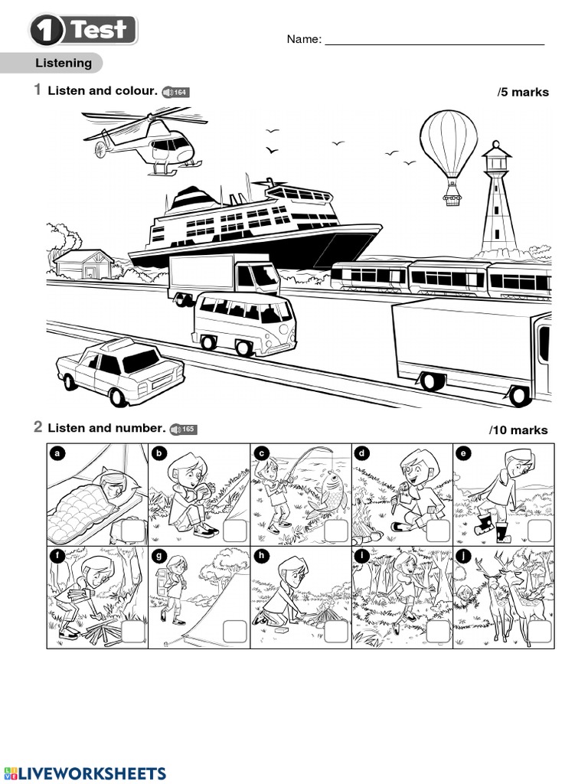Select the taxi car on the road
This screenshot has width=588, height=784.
tap(120, 371)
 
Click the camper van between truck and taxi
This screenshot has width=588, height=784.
tap(243, 322)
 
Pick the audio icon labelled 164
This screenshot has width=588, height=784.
tap(175, 93)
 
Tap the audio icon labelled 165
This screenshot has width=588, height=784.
tap(183, 430)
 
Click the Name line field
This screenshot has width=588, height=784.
tap(434, 40)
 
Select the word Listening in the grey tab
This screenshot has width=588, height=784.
tap(64, 64)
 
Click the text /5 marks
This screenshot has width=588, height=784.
tap(523, 93)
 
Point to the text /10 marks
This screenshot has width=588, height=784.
tap(519, 430)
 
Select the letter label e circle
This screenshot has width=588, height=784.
tap(463, 453)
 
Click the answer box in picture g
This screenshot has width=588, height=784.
tap(234, 632)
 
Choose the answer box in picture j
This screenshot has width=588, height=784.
tap(540, 632)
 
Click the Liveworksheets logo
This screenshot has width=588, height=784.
tap(84, 773)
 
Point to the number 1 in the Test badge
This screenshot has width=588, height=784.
tap(48, 31)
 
